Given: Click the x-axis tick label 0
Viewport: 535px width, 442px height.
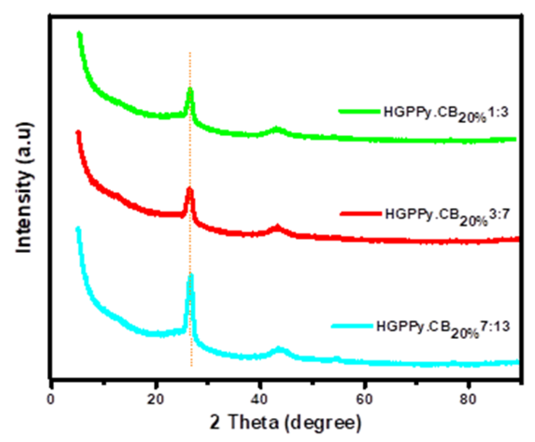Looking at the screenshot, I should pyautogui.click(x=51, y=399).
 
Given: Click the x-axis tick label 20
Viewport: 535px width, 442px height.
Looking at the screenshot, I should pyautogui.click(x=155, y=399).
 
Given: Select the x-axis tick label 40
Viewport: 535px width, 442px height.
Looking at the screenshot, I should pyautogui.click(x=259, y=399).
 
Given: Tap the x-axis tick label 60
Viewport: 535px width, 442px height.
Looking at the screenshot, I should pyautogui.click(x=364, y=399).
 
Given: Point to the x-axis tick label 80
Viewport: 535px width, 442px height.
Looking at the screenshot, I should pyautogui.click(x=468, y=399).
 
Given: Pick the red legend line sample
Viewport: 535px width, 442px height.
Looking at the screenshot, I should pyautogui.click(x=360, y=213).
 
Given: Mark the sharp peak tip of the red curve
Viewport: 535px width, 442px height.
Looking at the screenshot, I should pyautogui.click(x=190, y=189).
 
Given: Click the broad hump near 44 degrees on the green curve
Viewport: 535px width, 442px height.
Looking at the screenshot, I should pyautogui.click(x=277, y=129).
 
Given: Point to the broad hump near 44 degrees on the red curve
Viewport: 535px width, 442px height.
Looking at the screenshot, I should pyautogui.click(x=278, y=226).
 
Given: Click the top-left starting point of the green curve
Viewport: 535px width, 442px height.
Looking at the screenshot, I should pyautogui.click(x=79, y=34).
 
